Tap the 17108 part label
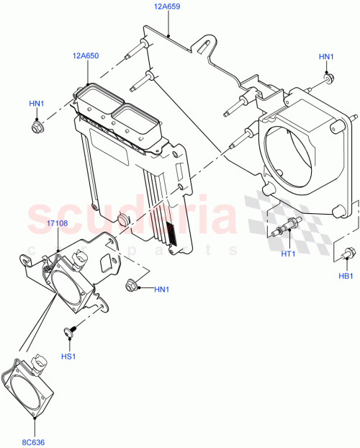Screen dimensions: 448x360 tap(58, 224)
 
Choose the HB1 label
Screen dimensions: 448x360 tap(346, 276)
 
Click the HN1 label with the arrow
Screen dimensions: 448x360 tap(163, 290)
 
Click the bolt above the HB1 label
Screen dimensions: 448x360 tap(348, 252)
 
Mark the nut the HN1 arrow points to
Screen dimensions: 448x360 tap(133, 285)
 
